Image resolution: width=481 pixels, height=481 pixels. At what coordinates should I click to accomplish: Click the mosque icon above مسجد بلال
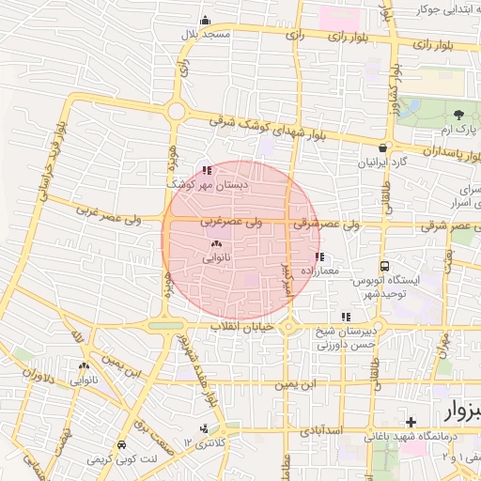[x=205, y=21]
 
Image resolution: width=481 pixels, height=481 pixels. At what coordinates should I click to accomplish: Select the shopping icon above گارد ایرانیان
[x=382, y=148]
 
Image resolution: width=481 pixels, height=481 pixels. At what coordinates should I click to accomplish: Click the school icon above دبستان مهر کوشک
[x=207, y=172]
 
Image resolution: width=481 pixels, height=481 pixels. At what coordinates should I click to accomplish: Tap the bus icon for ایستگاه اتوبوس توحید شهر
[x=384, y=267]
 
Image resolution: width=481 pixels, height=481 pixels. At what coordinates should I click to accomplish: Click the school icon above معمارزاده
[x=320, y=256]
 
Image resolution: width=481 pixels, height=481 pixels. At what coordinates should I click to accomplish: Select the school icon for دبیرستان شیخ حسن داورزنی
[x=347, y=318]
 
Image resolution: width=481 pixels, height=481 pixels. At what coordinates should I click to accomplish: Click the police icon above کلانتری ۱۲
[x=206, y=428]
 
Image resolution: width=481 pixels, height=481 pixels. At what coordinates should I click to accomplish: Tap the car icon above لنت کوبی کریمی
[x=121, y=446]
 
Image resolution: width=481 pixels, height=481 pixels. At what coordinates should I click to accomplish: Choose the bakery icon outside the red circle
[x=85, y=366]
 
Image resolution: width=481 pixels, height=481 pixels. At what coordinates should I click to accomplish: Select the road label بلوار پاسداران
[x=431, y=151]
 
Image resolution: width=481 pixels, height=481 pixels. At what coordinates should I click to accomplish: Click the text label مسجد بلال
[x=207, y=34]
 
